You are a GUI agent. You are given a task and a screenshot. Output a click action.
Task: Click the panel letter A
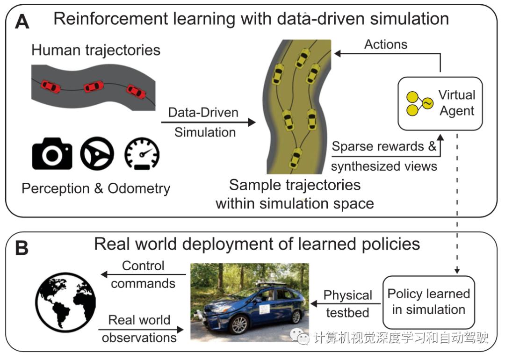pyautogui.click(x=22, y=21)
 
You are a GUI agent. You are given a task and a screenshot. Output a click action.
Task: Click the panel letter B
pyautogui.click(x=22, y=248)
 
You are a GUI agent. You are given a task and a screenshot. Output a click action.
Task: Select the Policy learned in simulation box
pyautogui.click(x=428, y=302)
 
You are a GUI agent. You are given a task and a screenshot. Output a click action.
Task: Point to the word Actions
pyautogui.click(x=386, y=44)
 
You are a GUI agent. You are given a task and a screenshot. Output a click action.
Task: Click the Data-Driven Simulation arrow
pyautogui.click(x=208, y=122)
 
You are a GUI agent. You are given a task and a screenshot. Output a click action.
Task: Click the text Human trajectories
pyautogui.click(x=96, y=50)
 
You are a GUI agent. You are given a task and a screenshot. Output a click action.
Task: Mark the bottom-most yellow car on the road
pyautogui.click(x=295, y=157)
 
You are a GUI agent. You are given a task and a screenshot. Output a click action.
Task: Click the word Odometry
pyautogui.click(x=139, y=188)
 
